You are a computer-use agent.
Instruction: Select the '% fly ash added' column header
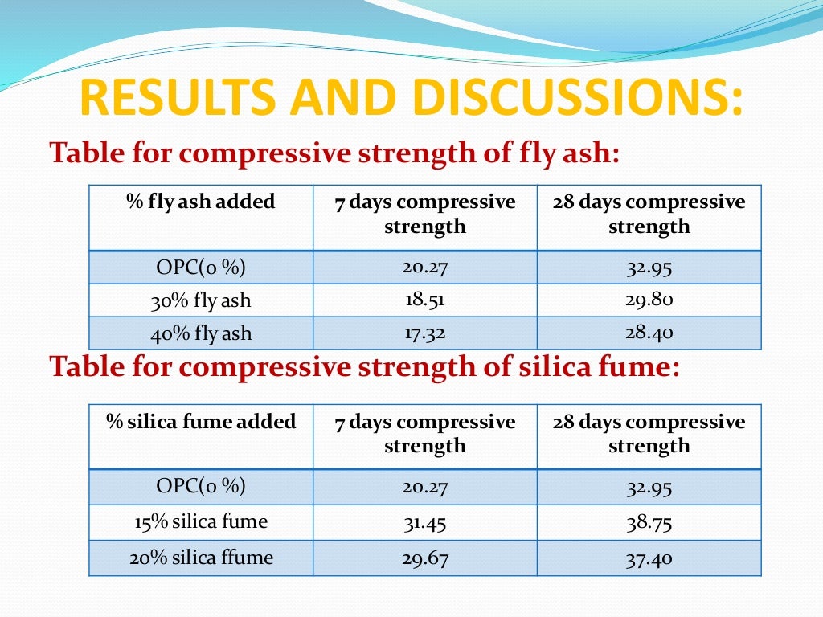click(x=201, y=202)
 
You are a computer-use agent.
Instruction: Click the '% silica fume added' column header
click(x=201, y=422)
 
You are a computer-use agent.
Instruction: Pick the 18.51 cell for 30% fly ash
click(x=424, y=300)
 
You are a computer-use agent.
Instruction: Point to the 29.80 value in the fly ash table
click(x=649, y=300)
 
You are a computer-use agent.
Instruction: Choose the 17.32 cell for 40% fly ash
click(x=424, y=333)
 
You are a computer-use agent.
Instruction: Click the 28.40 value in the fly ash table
click(x=649, y=333)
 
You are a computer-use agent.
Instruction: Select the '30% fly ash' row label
click(x=201, y=301)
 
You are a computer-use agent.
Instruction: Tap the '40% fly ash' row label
click(x=201, y=333)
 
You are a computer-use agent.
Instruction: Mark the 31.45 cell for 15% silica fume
click(x=424, y=522)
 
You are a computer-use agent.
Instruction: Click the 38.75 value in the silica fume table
click(x=649, y=522)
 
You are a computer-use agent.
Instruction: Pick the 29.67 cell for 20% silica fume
click(x=424, y=558)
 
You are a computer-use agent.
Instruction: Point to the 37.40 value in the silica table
click(x=649, y=558)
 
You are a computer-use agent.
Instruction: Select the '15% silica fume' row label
click(x=201, y=522)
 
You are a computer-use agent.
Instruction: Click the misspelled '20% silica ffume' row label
click(x=201, y=558)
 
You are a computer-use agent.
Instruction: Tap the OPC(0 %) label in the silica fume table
click(x=201, y=486)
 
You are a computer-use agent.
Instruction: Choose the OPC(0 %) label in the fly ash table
click(x=201, y=267)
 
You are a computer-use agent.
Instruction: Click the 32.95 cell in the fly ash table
click(x=649, y=268)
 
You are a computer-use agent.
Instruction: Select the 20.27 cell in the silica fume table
click(x=424, y=487)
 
